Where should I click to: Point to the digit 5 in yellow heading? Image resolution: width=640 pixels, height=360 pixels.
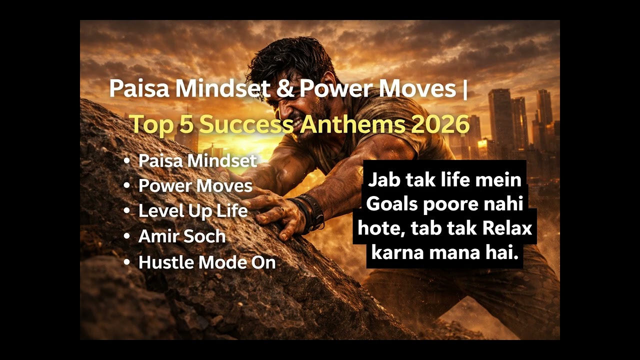186,124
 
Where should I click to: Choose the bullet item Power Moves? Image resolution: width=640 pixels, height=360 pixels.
195,185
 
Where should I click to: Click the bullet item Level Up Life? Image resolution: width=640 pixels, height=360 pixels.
193,210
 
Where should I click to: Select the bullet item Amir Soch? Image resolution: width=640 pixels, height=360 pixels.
182,236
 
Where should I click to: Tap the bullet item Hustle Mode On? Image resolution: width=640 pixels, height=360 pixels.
207,262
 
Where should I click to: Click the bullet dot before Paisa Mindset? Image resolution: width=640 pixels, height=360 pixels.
127,160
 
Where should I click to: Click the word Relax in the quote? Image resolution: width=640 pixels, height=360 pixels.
507,228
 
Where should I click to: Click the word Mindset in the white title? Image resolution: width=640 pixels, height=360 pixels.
222,89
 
